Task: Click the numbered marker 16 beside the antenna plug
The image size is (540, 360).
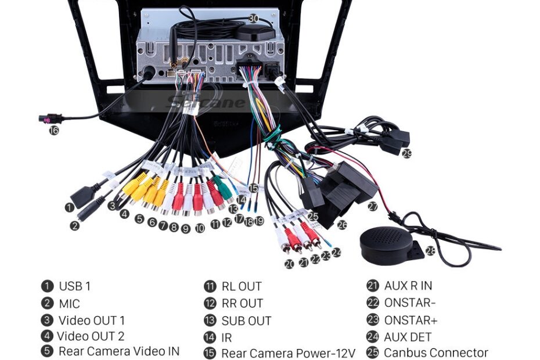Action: coord(53,131)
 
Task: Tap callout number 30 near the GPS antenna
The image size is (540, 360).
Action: coord(253,19)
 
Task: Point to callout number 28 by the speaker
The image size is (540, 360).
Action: coord(430,251)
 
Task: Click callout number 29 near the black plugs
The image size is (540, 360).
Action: coord(406,154)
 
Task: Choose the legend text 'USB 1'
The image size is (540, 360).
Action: coord(74,286)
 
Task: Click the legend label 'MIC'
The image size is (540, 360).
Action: coord(69,303)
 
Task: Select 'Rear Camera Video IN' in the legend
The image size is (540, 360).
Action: coord(119,351)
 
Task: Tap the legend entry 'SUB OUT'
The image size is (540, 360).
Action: coord(246,321)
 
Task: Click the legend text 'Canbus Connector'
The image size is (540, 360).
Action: coord(436,352)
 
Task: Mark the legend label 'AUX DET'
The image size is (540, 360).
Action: coord(408,337)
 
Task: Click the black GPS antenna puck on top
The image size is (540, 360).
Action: coord(254,32)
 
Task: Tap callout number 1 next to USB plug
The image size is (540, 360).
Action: coord(70,207)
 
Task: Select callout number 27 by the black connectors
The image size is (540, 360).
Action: coord(372,206)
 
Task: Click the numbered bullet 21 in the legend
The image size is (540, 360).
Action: coord(372,286)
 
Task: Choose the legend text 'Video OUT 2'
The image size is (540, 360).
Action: coord(91,336)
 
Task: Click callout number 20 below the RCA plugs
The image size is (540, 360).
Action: coord(289,264)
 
